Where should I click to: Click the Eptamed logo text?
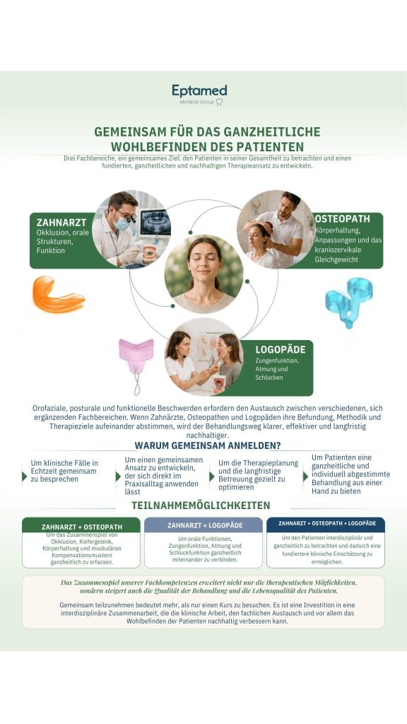[x=199, y=90]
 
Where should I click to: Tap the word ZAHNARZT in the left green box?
[x=61, y=223]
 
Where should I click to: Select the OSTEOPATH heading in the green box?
[x=342, y=218]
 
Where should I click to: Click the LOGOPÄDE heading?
[x=280, y=349]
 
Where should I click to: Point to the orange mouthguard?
[x=58, y=294]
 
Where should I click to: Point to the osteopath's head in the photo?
[x=290, y=202]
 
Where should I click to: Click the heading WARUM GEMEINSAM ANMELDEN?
[x=208, y=445]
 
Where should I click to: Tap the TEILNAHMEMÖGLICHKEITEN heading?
[x=201, y=505]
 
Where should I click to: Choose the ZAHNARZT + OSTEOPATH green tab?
[x=81, y=525]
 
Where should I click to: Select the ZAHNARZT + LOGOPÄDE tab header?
[x=203, y=525]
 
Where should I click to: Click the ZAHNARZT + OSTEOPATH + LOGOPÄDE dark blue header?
[x=326, y=524]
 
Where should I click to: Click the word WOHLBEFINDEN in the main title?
[x=152, y=146]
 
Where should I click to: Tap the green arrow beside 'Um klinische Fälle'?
[x=25, y=476]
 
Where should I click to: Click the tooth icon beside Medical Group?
[x=219, y=102]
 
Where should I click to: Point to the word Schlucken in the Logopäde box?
[x=269, y=378]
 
